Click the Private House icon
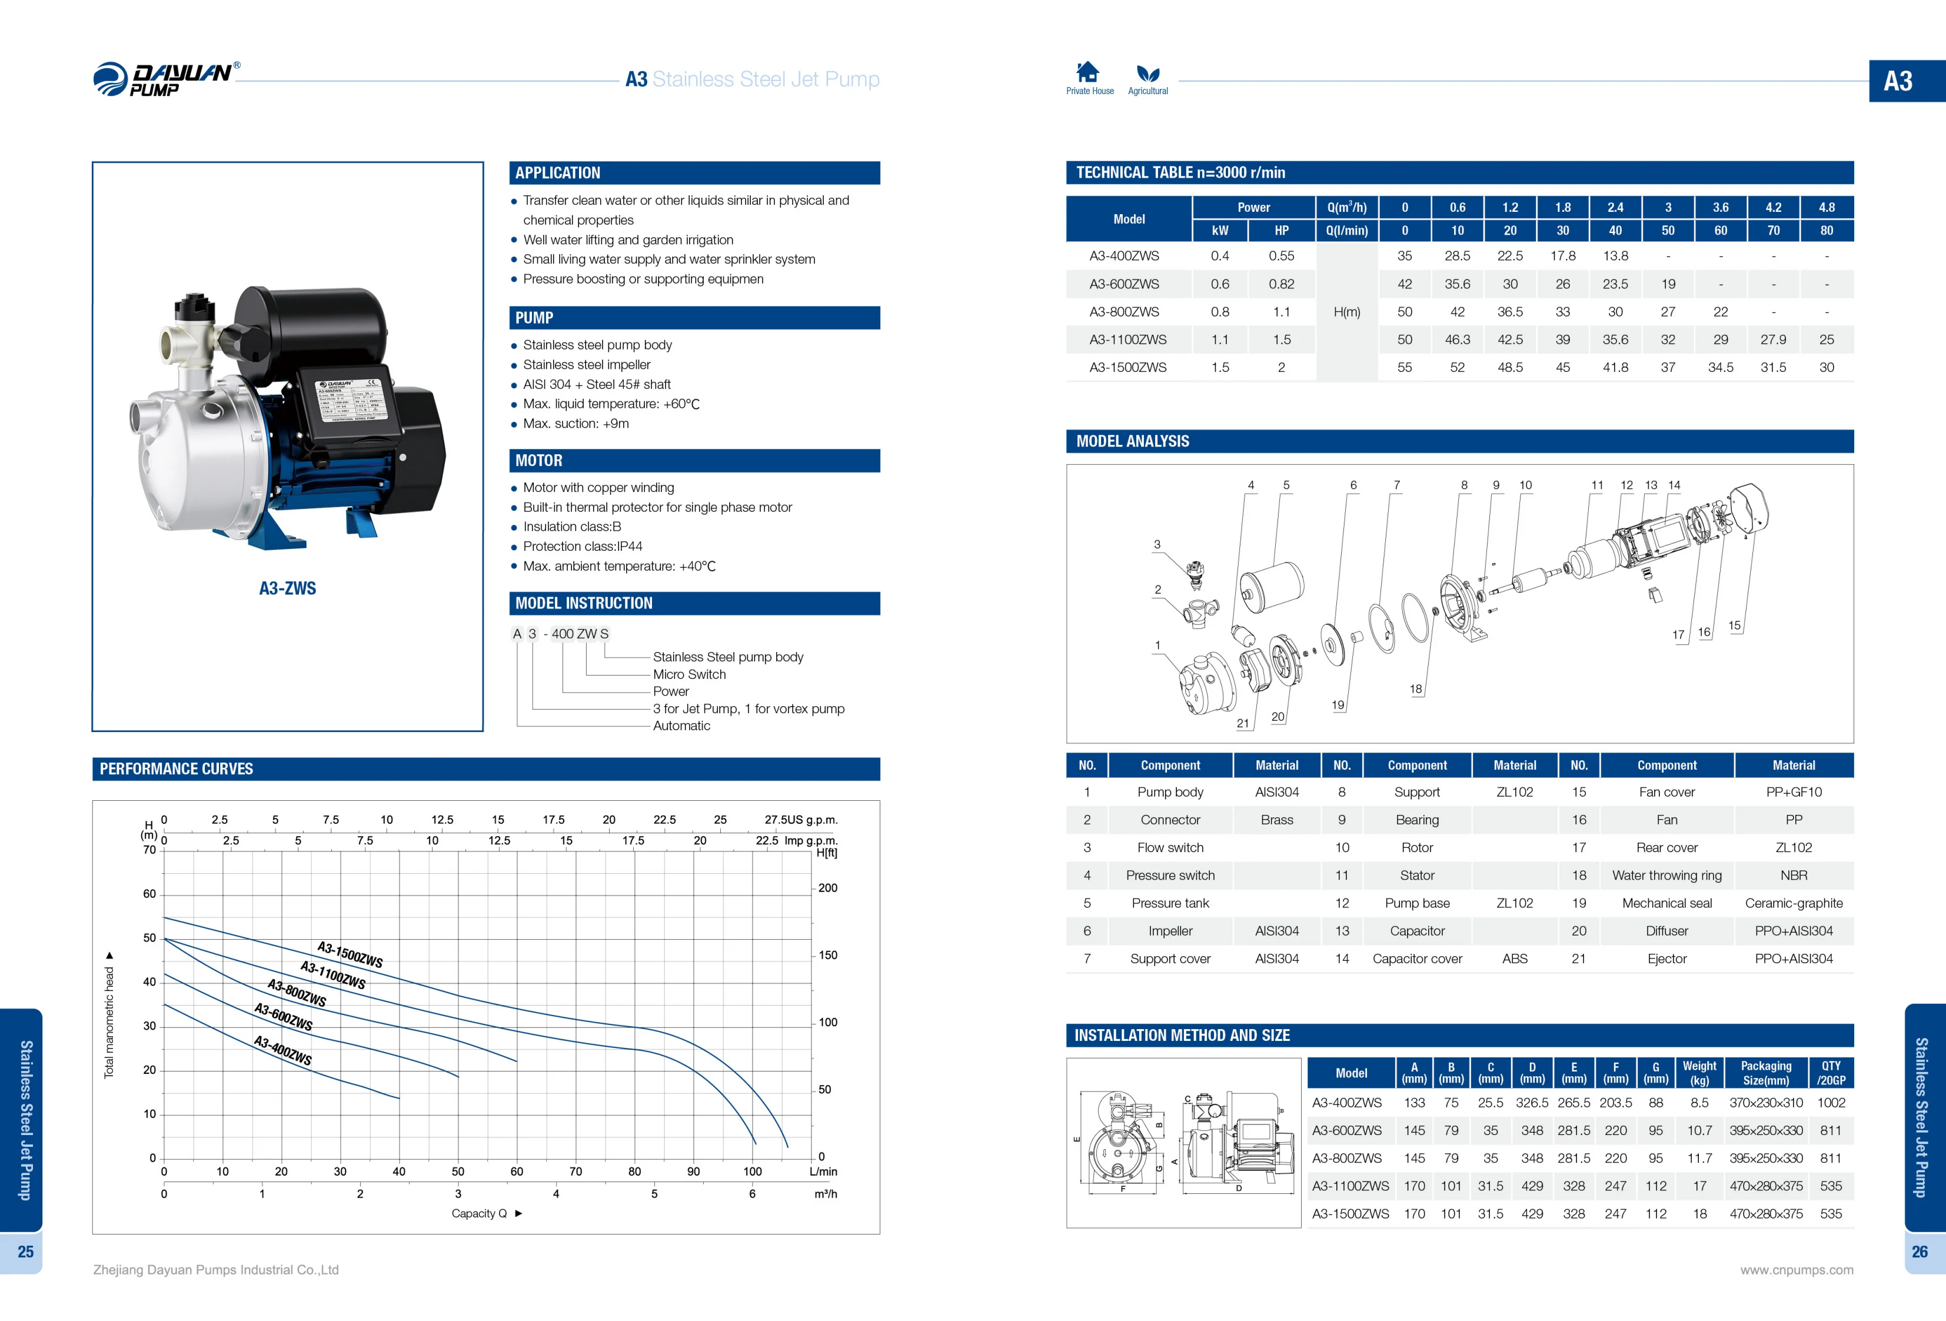pos(1087,72)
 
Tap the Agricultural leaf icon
pos(1147,74)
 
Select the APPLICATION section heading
pos(558,173)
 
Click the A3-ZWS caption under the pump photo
pos(287,588)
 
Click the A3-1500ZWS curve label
pos(350,954)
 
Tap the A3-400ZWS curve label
pos(283,1050)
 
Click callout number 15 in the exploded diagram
pos(1734,625)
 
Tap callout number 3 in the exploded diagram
pos(1157,545)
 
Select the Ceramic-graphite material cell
pos(1793,903)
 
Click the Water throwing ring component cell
pos(1666,876)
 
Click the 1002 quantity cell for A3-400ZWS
pos(1831,1103)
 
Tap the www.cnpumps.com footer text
pos(1796,1270)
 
